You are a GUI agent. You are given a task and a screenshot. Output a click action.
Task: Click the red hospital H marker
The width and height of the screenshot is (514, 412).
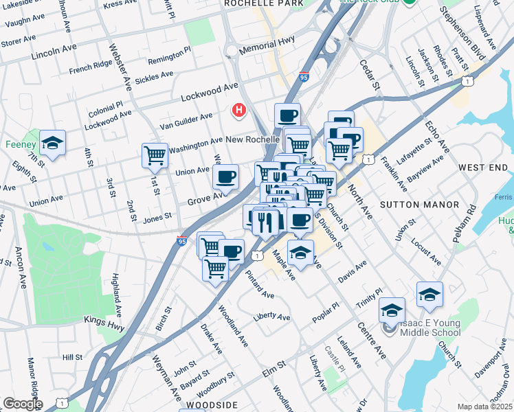[239, 110]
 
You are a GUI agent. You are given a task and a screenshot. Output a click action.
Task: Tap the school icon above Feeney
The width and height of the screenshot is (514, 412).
[52, 143]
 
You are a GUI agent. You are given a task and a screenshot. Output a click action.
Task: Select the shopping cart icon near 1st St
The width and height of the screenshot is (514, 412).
[155, 155]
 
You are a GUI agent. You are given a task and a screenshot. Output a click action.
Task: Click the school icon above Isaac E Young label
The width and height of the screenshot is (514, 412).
[392, 310]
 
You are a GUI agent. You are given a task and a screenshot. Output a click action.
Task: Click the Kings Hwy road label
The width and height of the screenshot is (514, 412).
[104, 322]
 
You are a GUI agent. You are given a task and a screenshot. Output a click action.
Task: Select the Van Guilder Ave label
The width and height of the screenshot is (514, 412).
[186, 121]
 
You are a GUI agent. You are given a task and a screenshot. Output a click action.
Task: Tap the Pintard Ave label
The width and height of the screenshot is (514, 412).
[259, 284]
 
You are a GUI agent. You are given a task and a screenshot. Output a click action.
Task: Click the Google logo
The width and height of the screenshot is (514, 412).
[22, 404]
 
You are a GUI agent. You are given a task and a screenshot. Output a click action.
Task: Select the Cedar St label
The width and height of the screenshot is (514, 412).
[370, 76]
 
